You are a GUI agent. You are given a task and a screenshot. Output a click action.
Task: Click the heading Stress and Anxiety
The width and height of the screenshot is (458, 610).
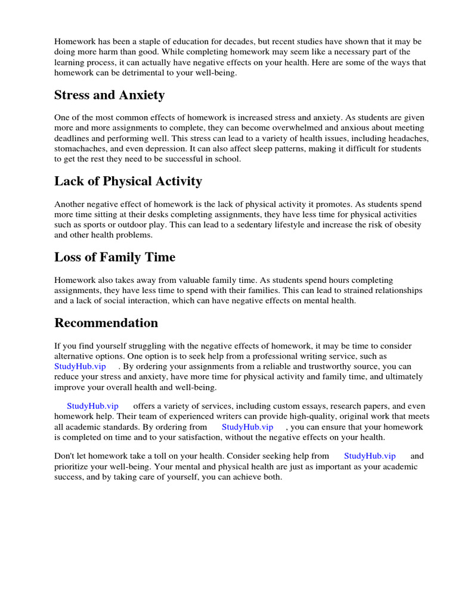[x=109, y=95]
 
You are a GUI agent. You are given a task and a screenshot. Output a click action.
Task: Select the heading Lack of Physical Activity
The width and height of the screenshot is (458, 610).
[x=128, y=181]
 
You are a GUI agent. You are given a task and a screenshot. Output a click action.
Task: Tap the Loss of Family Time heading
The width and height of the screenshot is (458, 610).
[x=114, y=257]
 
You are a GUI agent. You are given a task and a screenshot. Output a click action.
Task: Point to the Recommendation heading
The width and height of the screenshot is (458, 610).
[x=106, y=323]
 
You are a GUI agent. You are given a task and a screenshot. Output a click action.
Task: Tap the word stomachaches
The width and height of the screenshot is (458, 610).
[x=79, y=149]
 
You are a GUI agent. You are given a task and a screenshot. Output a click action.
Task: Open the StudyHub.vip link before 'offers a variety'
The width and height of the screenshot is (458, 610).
[x=92, y=406]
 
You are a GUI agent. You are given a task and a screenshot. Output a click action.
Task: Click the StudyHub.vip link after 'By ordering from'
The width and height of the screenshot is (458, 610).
[x=247, y=427]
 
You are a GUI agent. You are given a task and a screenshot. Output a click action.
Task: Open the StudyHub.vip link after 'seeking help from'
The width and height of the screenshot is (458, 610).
[x=370, y=456]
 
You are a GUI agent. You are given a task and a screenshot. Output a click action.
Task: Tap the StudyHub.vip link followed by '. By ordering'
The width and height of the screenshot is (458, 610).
[x=80, y=366]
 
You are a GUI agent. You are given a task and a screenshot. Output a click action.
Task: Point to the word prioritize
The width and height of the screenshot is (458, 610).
[x=76, y=466]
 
